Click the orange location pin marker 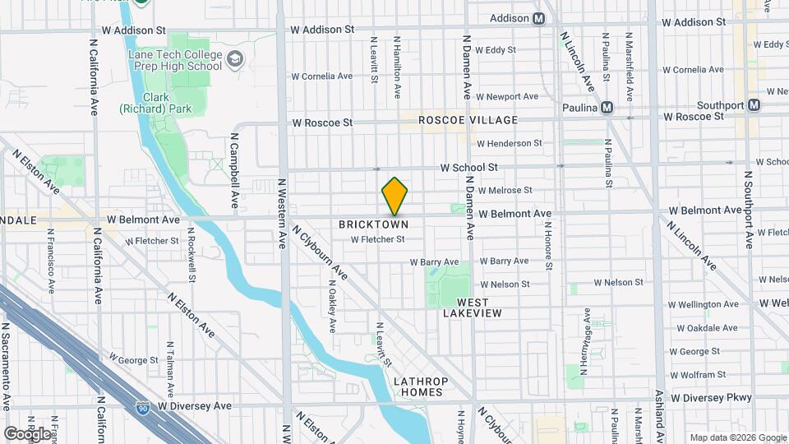394,196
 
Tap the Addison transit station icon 539,18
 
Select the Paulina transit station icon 607,108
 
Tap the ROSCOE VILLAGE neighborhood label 468,120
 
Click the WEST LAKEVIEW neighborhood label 467,308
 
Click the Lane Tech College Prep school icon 235,58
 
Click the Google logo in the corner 26,432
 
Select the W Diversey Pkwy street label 711,397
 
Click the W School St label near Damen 468,167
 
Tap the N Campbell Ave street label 233,170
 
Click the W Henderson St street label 510,143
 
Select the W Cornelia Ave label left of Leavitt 322,76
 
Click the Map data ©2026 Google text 737,437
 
